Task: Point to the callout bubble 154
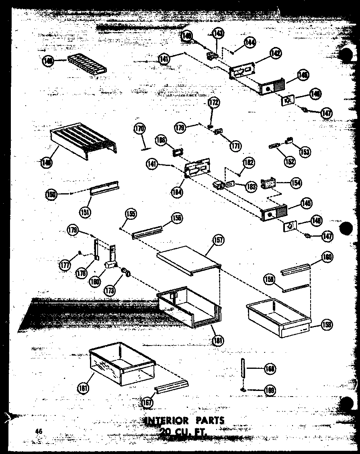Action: (x=296, y=183)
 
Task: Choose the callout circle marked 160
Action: (x=327, y=257)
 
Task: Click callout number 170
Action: (x=139, y=129)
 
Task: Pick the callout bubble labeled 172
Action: (x=214, y=103)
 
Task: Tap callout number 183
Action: (x=252, y=186)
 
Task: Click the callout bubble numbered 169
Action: (x=270, y=389)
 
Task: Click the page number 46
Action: (x=38, y=431)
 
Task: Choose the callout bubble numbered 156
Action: (x=177, y=219)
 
